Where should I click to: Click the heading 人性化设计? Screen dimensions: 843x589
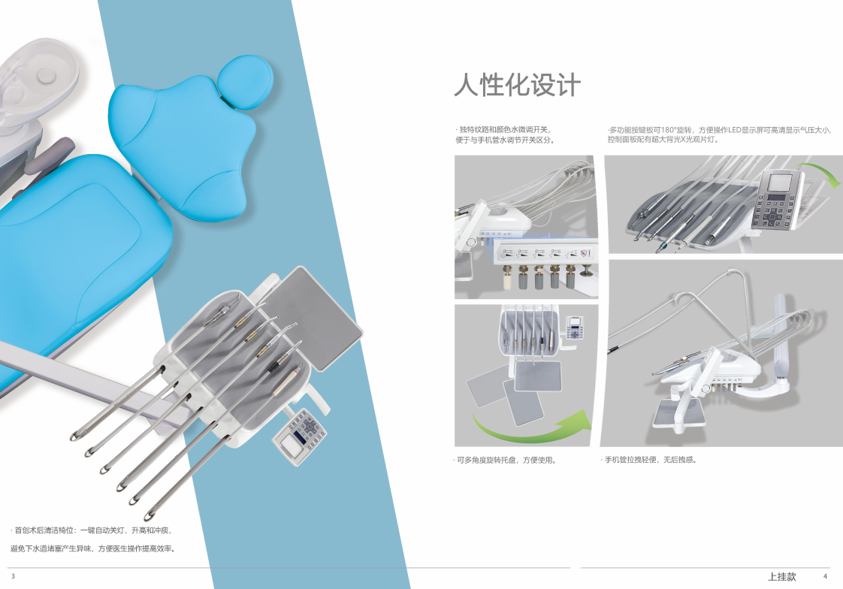tap(517, 85)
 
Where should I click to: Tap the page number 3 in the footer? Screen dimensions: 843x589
tap(14, 576)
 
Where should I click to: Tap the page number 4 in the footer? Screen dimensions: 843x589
tap(825, 576)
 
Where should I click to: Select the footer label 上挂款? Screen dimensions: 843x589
tap(781, 577)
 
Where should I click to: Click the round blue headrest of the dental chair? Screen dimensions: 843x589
tap(245, 82)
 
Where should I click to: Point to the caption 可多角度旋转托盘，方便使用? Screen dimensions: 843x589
tap(505, 460)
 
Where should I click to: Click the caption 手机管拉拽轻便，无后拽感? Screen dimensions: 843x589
tap(650, 460)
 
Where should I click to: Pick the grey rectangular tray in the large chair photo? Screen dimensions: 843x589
tap(314, 318)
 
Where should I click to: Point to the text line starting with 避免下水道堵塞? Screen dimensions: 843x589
tap(93, 548)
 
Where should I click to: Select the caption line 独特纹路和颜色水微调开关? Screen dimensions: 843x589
tap(503, 129)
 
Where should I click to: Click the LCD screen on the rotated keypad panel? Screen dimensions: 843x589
tap(780, 183)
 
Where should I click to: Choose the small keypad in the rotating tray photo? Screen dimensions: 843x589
tap(575, 327)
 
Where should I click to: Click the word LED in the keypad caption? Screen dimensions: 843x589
tap(735, 130)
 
